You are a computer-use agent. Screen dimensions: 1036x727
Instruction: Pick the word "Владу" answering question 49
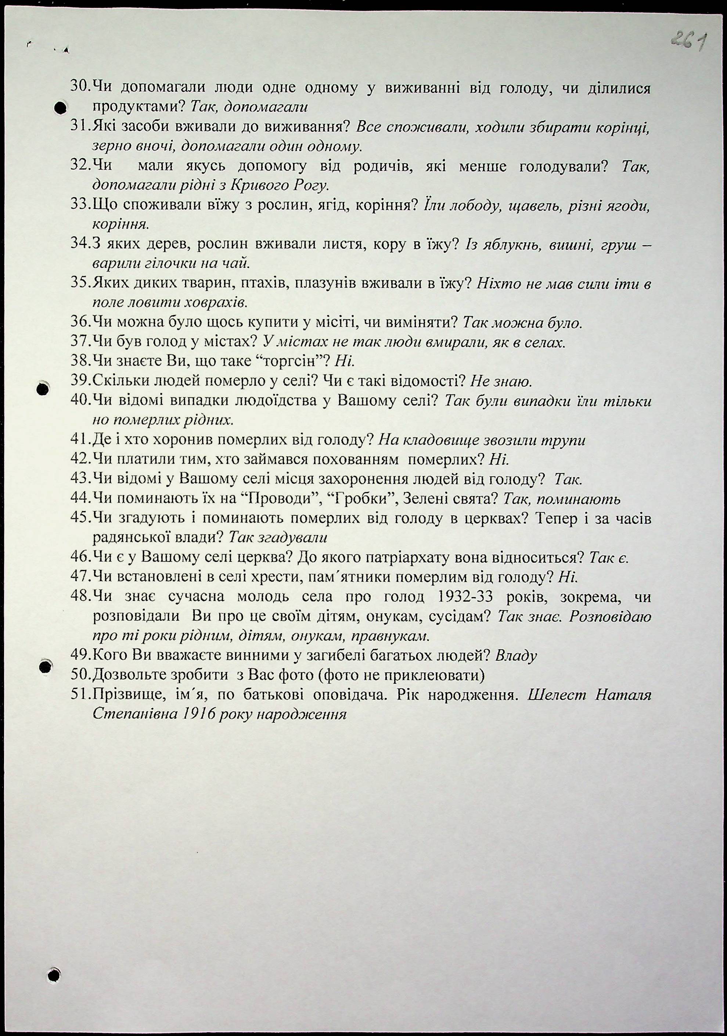pos(516,656)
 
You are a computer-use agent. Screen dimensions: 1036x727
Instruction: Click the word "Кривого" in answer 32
pos(259,185)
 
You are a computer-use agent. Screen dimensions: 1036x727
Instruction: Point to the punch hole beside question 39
pos(43,389)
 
